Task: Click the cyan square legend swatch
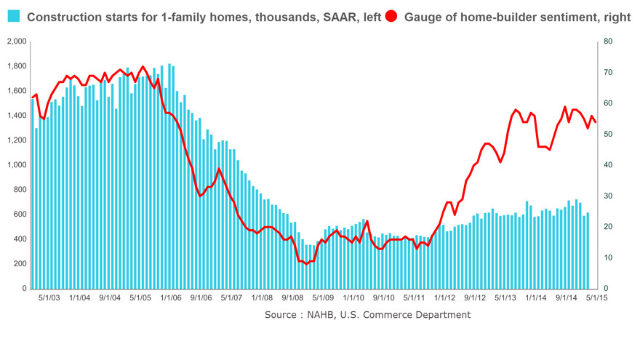[14, 16]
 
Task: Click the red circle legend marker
[393, 16]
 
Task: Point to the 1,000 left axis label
[15, 165]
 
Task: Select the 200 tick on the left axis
[20, 264]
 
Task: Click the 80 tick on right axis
[609, 41]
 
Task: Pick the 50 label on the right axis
[609, 135]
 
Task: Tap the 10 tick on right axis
[609, 258]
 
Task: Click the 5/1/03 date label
[48, 297]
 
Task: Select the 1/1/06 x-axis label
[170, 297]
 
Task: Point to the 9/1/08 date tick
[292, 297]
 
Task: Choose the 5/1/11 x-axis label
[413, 297]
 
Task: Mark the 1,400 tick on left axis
[15, 116]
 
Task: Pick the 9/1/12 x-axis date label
[474, 297]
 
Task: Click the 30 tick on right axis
[609, 196]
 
